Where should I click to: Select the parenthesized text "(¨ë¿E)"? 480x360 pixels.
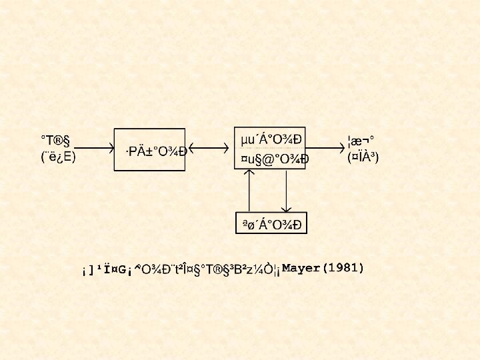(x=58, y=157)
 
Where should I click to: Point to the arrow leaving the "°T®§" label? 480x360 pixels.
(x=91, y=149)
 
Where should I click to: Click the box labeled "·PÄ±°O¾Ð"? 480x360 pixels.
(x=150, y=149)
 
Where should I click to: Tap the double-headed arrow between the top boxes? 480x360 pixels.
(x=208, y=149)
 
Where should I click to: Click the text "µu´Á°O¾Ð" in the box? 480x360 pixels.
(x=271, y=139)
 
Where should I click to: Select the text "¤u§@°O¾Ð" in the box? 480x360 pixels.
(x=273, y=159)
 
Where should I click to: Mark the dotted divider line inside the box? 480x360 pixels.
(x=270, y=149)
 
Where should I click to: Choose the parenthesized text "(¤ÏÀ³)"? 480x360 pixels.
(x=363, y=157)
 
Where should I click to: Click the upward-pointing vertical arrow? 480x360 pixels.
(x=250, y=191)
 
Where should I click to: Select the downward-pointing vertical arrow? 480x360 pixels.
(x=286, y=191)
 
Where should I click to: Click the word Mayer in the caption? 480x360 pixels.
(x=301, y=268)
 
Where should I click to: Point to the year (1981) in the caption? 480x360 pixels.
(x=343, y=268)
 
